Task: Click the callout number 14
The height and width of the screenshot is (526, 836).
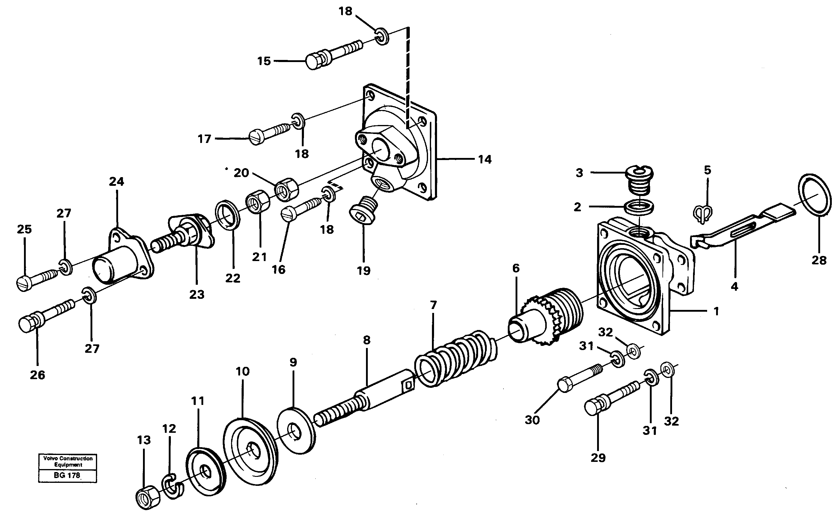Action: pyautogui.click(x=484, y=160)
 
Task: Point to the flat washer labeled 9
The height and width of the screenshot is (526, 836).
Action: pyautogui.click(x=296, y=430)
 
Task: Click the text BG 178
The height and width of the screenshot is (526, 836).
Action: pyautogui.click(x=67, y=475)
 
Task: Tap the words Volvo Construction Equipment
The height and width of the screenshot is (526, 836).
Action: pyautogui.click(x=68, y=462)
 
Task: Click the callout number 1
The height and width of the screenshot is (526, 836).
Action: pyautogui.click(x=716, y=311)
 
